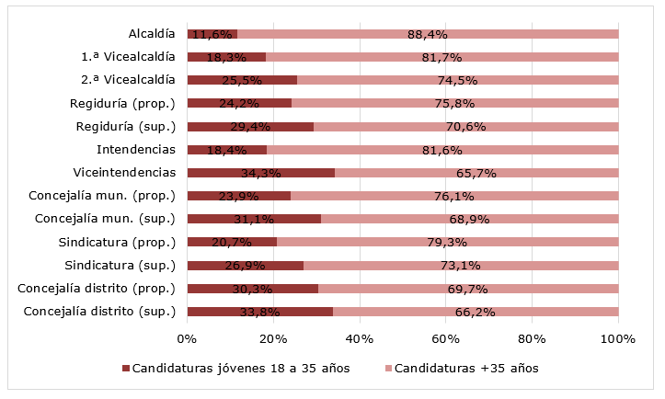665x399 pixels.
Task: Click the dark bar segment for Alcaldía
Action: point(212,34)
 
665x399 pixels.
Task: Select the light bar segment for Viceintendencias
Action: point(476,172)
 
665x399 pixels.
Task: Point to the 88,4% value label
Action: point(427,35)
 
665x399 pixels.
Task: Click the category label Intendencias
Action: point(135,149)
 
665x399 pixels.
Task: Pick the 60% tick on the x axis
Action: point(446,339)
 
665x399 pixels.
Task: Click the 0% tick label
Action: point(187,339)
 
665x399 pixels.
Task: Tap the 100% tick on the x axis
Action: point(617,339)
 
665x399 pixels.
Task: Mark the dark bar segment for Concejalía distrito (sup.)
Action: point(259,311)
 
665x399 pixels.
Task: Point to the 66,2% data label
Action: point(476,312)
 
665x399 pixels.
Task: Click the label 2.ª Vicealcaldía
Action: point(128,80)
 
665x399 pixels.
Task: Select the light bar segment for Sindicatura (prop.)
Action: point(447,242)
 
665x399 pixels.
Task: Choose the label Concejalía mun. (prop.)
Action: point(101,195)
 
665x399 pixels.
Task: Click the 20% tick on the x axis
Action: point(273,339)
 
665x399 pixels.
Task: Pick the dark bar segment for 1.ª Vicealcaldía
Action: point(226,57)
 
